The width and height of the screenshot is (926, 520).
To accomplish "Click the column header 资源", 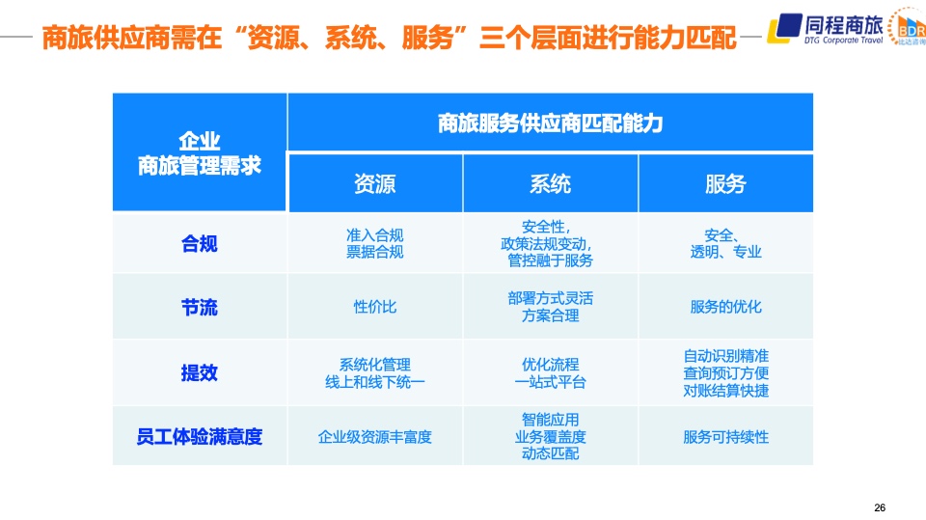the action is (374, 183).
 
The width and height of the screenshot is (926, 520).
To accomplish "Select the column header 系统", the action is (550, 183).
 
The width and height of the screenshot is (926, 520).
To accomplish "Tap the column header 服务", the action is (725, 183).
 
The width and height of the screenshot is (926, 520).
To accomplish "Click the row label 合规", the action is (200, 243).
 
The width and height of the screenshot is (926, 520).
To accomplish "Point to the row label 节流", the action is (200, 307).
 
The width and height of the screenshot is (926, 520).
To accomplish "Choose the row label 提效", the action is (200, 372).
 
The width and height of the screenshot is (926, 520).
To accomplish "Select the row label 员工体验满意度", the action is (200, 437).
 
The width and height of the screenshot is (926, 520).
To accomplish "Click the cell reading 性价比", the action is (374, 307).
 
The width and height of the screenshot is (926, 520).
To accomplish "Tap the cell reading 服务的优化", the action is (725, 307).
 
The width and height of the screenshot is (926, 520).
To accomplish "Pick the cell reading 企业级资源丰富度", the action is (375, 437).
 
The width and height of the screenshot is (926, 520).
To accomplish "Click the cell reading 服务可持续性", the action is (725, 437).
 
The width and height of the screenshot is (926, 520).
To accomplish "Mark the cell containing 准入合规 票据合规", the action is (375, 243).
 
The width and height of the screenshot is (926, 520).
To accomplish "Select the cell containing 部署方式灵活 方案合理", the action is (551, 307).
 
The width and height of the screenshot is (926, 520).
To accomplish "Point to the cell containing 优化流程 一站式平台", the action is (551, 372).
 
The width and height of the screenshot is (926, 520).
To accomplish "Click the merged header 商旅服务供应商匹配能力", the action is (551, 123).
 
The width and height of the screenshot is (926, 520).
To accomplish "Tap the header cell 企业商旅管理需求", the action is (200, 153).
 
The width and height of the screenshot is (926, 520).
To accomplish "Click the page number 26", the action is (880, 507).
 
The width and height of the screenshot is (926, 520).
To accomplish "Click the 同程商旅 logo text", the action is (843, 25).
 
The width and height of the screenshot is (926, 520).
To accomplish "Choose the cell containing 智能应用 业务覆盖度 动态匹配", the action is (551, 437).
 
